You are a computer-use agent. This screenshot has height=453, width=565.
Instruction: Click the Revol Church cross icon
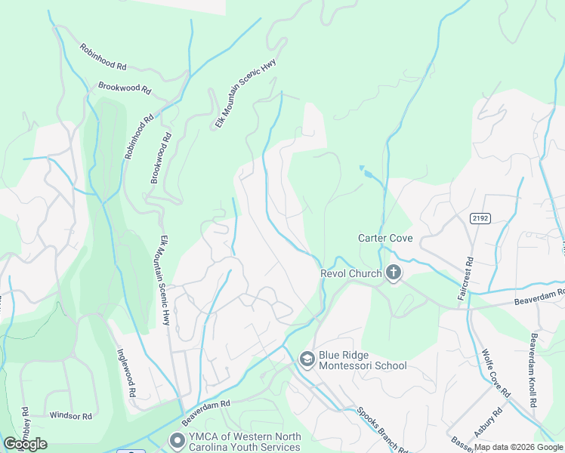393,273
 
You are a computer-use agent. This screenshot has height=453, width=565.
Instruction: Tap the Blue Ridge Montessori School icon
307,359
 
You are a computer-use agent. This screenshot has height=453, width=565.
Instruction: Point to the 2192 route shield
479,218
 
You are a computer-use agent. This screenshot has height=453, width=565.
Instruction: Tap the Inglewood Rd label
125,373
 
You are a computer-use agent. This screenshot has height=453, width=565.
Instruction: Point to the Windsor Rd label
70,416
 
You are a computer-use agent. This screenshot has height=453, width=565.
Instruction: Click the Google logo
25,444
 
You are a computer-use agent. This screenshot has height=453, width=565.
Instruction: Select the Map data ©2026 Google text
517,447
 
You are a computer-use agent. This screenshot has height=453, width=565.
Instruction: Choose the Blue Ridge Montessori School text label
363,360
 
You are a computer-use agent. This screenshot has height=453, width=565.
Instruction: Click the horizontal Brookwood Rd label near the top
125,88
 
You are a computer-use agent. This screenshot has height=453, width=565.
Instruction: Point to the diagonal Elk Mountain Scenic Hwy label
246,94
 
